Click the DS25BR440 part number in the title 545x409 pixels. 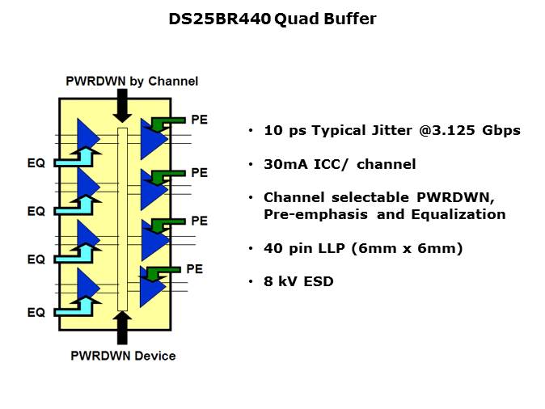pyautogui.click(x=220, y=19)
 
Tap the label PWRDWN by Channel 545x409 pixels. pyautogui.click(x=133, y=81)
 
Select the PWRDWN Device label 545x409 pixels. pyautogui.click(x=123, y=356)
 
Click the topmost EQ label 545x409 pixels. pyautogui.click(x=36, y=163)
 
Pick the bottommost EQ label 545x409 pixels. pyautogui.click(x=36, y=312)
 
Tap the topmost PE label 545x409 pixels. pyautogui.click(x=199, y=120)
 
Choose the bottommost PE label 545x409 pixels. pyautogui.click(x=194, y=268)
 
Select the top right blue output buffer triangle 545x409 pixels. pyautogui.click(x=151, y=139)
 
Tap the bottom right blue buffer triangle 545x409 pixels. pyautogui.click(x=150, y=288)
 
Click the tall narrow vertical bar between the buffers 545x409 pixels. pyautogui.click(x=123, y=218)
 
